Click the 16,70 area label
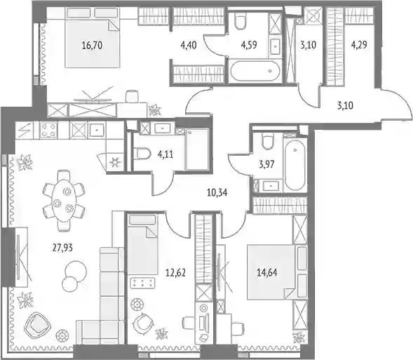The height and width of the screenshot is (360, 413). coord(92,46)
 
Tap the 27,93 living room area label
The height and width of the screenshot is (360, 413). coord(62,248)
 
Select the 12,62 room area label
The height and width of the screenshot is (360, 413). coord(175,272)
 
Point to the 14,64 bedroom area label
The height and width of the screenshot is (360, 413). coord(267,272)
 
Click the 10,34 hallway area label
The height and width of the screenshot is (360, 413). coord(217,193)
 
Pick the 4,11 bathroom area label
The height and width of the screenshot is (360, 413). coord(165,154)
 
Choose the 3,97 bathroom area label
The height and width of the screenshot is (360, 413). coord(266,164)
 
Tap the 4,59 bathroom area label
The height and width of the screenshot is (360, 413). coord(249,45)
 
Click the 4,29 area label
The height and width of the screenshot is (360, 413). coord(359,44)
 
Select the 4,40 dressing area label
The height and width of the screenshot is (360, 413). coord(189,45)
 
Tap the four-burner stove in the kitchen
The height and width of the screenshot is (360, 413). coord(48,131)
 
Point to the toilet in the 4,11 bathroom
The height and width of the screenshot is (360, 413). coord(142,154)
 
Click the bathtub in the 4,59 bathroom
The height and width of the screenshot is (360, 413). coord(255,71)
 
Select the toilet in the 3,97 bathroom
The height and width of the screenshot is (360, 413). coord(268,141)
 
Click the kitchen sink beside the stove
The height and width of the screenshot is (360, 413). coord(97,130)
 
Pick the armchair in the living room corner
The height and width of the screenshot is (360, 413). coord(37,326)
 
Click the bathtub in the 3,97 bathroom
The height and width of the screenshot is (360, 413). coord(295,165)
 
